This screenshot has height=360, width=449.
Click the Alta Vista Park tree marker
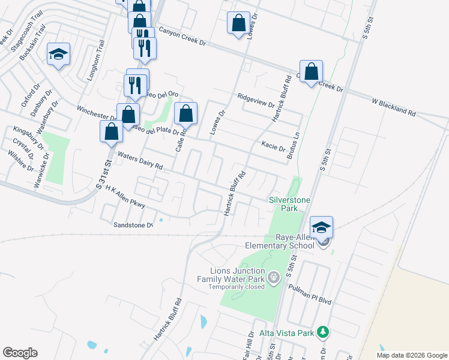pos(323,332)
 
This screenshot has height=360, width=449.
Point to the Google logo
pos(20,353)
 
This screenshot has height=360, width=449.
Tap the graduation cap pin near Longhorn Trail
pos(58,55)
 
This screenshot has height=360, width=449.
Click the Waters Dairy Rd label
pos(140,160)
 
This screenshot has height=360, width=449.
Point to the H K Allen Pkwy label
pos(125,197)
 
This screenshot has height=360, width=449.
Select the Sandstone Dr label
pos(133,225)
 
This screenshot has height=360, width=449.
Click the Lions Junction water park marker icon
pos(274,277)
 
